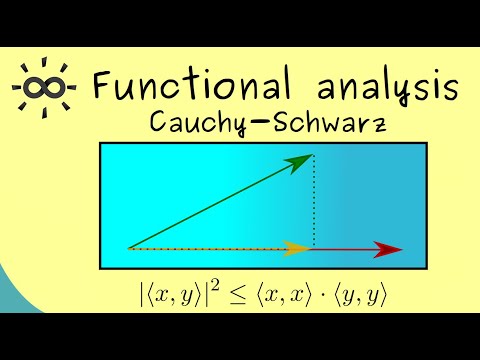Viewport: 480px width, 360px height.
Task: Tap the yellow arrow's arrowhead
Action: [x=297, y=248]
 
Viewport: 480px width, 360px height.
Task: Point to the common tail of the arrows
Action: [x=130, y=248]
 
